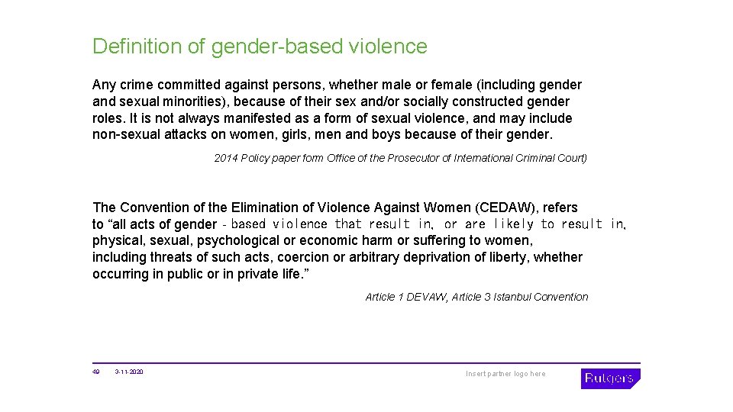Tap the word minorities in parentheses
coord(198,101)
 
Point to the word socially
coord(404,101)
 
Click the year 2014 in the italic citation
coord(226,158)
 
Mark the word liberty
coord(507,257)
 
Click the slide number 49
coord(96,372)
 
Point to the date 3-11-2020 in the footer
coord(129,372)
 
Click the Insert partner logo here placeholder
coord(505,374)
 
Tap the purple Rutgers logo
coord(609,378)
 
